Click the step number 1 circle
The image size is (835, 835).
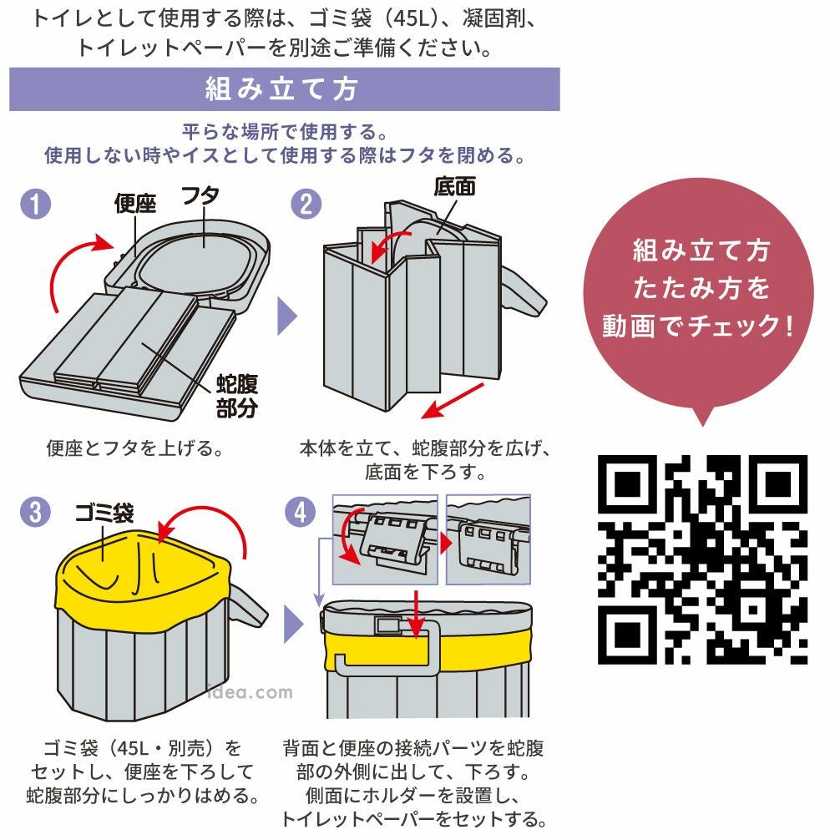point(36,204)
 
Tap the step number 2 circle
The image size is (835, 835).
point(306,204)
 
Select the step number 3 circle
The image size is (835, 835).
point(36,511)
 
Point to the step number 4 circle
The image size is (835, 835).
point(306,511)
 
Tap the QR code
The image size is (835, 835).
point(703,559)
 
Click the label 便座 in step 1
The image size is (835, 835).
point(135,204)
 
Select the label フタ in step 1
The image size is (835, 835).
point(200,196)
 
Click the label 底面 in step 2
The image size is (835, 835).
point(455,186)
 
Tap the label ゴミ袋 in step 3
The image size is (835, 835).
point(104,511)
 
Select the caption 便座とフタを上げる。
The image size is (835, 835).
point(134,449)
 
